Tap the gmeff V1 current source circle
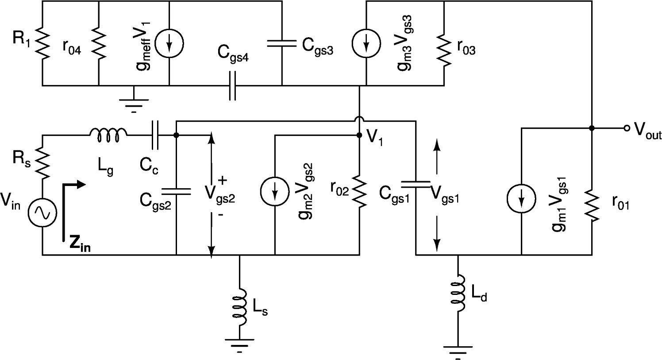169,43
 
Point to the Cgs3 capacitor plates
281,43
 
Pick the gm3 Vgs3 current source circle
366,43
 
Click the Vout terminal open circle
626,128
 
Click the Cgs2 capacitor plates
176,191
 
